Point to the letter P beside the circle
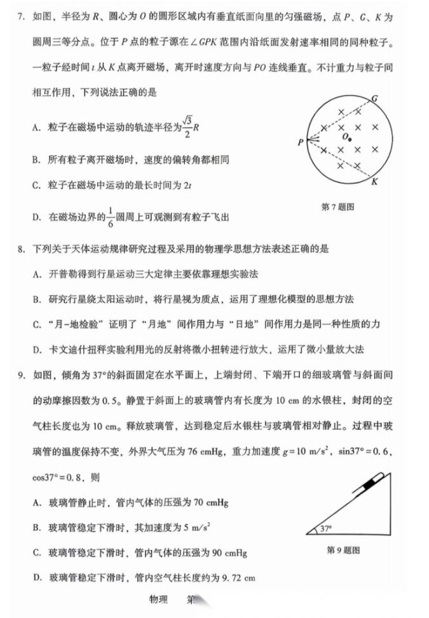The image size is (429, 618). [x=299, y=142]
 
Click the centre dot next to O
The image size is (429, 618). [x=349, y=139]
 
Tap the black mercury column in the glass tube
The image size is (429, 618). [x=367, y=486]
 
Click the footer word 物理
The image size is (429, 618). [x=158, y=600]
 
